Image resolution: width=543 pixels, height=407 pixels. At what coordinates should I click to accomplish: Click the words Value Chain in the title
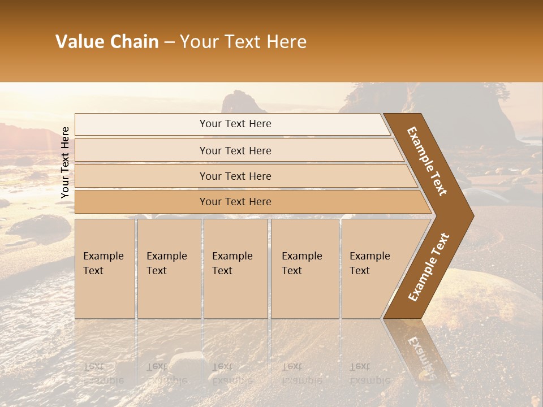click(x=107, y=42)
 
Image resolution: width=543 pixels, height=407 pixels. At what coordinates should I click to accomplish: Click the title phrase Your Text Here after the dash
click(x=243, y=42)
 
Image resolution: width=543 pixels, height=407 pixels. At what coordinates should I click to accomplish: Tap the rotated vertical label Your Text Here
click(x=65, y=162)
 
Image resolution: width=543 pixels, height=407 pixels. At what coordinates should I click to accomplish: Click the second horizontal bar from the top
click(x=235, y=150)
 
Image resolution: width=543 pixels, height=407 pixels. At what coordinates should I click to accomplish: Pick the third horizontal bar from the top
click(x=235, y=176)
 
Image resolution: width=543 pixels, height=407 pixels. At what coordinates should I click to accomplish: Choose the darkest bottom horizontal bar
click(x=235, y=202)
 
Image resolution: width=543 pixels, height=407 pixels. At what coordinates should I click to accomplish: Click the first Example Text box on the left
click(x=105, y=269)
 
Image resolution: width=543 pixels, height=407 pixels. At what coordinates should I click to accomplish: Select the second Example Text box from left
click(x=169, y=269)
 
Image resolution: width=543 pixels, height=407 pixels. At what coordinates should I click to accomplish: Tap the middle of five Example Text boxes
click(x=235, y=269)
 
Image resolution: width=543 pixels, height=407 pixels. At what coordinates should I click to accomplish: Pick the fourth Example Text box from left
click(x=304, y=269)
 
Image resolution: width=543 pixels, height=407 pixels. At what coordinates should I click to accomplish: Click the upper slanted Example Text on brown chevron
click(x=428, y=162)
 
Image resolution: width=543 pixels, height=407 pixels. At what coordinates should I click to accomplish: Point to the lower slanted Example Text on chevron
click(x=428, y=267)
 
